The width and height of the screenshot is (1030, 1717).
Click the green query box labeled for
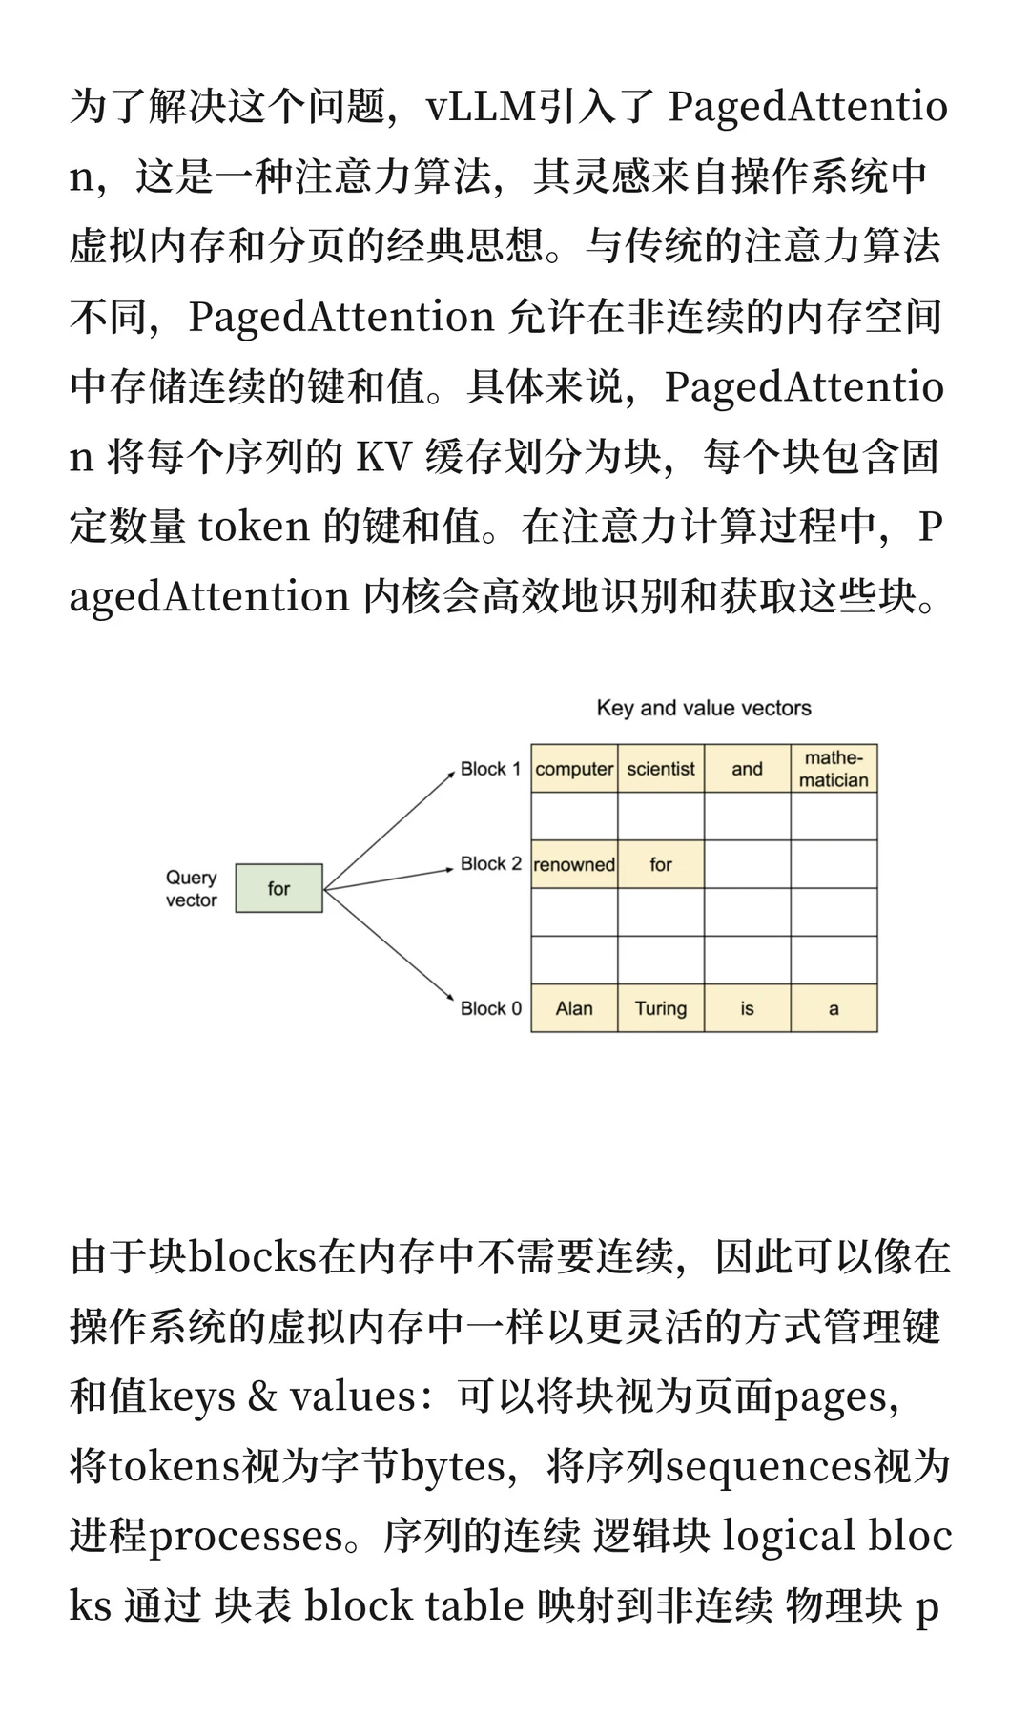[278, 888]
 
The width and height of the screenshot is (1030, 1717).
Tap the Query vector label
[191, 888]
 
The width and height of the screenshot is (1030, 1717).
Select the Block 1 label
[490, 769]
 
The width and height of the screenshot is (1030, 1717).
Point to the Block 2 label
[490, 863]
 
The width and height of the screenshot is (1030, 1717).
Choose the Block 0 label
[490, 1008]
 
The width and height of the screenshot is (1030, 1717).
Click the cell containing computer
[574, 769]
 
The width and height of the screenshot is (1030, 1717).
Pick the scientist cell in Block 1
[661, 769]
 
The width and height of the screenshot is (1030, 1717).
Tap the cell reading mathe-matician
[834, 769]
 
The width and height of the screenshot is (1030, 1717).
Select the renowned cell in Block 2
[574, 864]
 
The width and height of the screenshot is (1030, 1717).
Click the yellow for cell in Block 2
[661, 864]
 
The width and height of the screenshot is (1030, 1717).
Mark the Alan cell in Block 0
[574, 1008]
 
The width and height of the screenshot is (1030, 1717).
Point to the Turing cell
[661, 1008]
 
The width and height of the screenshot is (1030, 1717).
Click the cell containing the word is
[747, 1008]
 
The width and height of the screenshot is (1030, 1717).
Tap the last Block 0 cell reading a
[834, 1008]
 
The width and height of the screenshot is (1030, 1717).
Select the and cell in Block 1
[747, 769]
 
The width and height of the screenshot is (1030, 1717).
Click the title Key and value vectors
[704, 708]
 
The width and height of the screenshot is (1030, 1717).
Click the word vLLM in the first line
[482, 107]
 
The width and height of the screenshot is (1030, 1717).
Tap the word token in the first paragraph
[254, 527]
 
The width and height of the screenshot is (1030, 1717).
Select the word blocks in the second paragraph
[253, 1257]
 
